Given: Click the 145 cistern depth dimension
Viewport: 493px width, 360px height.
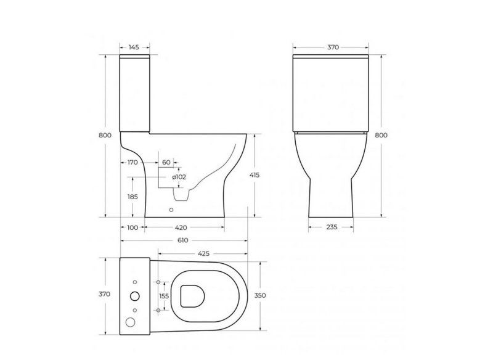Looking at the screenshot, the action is point(134,47).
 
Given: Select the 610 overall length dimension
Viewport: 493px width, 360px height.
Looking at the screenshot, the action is point(182,240).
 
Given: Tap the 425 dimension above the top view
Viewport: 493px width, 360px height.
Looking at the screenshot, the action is point(204,253).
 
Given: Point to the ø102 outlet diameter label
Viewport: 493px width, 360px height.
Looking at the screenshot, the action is point(179,177).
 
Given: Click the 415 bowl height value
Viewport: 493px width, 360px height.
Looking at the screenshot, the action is point(255,175).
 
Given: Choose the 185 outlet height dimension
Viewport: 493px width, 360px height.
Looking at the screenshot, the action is point(132,197).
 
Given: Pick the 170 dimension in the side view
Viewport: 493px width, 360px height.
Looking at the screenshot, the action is point(132,163).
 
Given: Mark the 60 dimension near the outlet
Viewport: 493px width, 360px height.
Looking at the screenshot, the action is point(166,162).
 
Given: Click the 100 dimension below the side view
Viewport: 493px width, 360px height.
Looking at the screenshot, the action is point(132,227).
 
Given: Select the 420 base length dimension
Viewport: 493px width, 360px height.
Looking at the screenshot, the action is point(181,227).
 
